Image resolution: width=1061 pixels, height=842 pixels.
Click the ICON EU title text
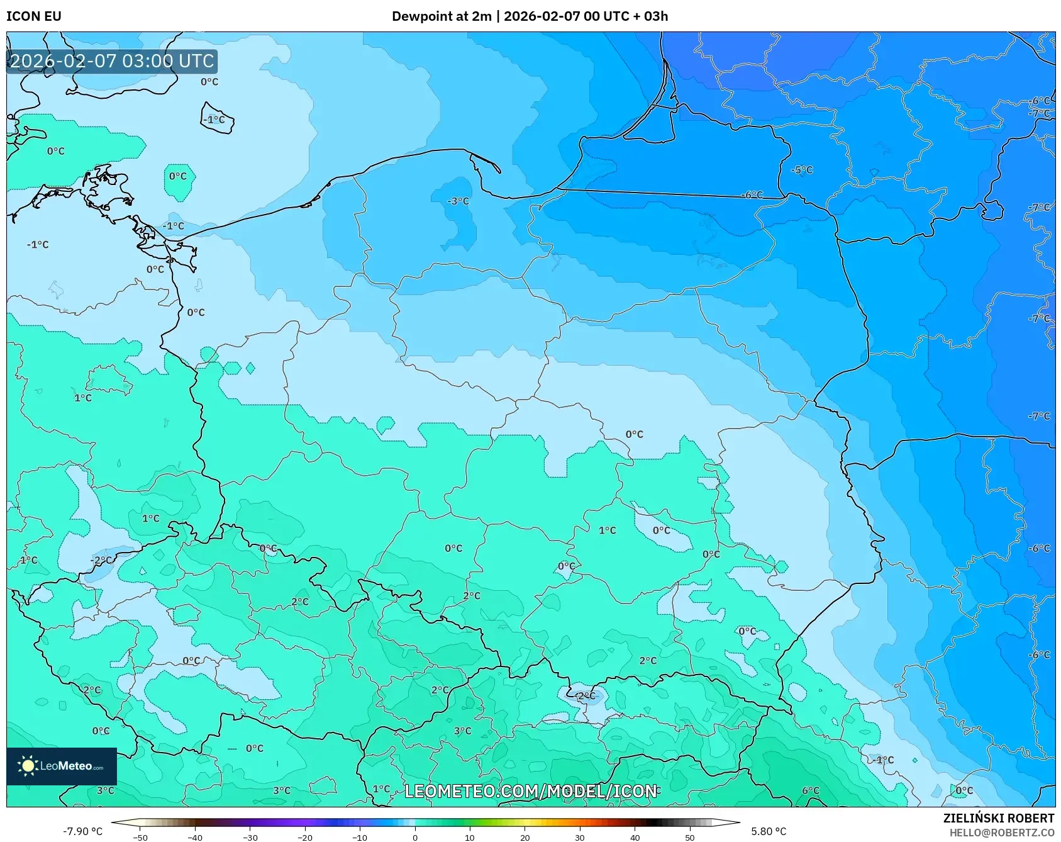click(x=34, y=16)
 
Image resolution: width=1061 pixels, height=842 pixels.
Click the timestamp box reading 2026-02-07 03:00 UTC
click(x=112, y=61)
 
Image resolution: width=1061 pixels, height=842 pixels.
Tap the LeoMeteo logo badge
click(x=62, y=766)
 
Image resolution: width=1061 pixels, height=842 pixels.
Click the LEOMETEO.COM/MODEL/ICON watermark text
click(x=530, y=791)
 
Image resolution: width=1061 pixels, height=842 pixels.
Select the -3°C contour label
click(x=458, y=201)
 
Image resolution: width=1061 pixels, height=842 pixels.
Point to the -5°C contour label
click(x=802, y=170)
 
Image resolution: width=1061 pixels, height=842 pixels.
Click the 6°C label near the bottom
click(x=811, y=791)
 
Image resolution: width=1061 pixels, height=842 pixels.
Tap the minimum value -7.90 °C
click(x=82, y=831)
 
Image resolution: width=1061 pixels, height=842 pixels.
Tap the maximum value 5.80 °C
click(x=769, y=831)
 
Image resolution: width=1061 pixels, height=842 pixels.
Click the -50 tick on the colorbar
click(x=140, y=838)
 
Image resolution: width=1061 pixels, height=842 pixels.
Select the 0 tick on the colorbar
click(x=414, y=838)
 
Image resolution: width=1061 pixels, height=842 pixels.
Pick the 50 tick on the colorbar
click(x=690, y=838)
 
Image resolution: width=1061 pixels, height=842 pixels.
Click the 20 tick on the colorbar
click(x=525, y=838)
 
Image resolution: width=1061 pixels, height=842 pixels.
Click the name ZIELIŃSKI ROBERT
click(x=998, y=818)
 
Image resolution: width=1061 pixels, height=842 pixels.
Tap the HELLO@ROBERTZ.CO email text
click(x=1001, y=833)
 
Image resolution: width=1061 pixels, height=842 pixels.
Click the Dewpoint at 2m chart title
click(x=530, y=16)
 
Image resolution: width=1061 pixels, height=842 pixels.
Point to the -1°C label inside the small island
click(x=214, y=120)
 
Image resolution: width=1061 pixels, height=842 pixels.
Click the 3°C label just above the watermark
click(x=462, y=731)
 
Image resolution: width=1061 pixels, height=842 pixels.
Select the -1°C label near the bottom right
click(x=883, y=760)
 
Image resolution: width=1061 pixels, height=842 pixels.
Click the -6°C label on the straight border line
click(x=752, y=195)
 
